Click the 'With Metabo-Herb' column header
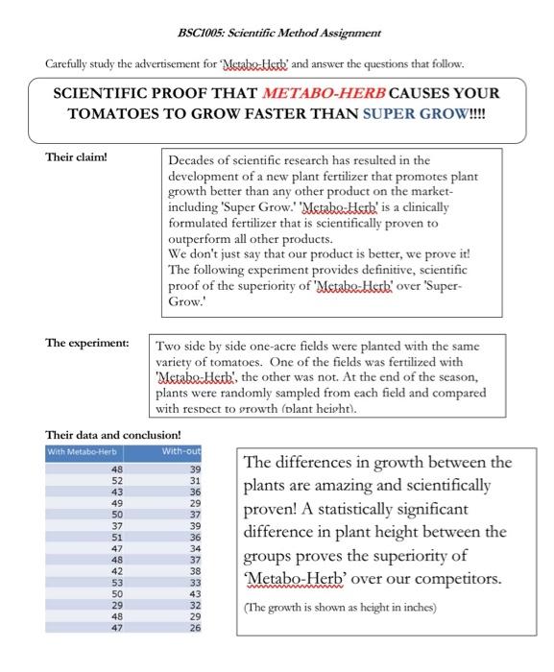(x=82, y=451)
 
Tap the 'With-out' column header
(x=181, y=451)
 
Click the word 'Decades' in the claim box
(x=196, y=161)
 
